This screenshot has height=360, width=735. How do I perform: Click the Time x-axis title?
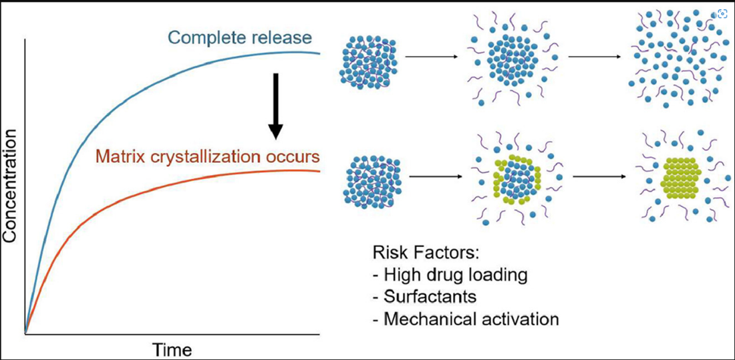click(172, 349)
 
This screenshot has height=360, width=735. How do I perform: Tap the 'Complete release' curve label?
click(240, 37)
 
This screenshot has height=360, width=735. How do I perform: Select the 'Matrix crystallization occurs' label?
click(207, 158)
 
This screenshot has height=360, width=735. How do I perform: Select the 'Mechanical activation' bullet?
click(465, 319)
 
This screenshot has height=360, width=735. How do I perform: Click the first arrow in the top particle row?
click(432, 57)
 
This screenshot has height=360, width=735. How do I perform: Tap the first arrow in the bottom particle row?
click(434, 177)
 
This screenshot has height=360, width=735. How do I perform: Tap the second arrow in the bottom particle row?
click(599, 177)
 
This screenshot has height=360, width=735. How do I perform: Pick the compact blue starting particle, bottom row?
click(372, 179)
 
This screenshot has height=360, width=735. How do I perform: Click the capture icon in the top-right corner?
click(722, 13)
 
